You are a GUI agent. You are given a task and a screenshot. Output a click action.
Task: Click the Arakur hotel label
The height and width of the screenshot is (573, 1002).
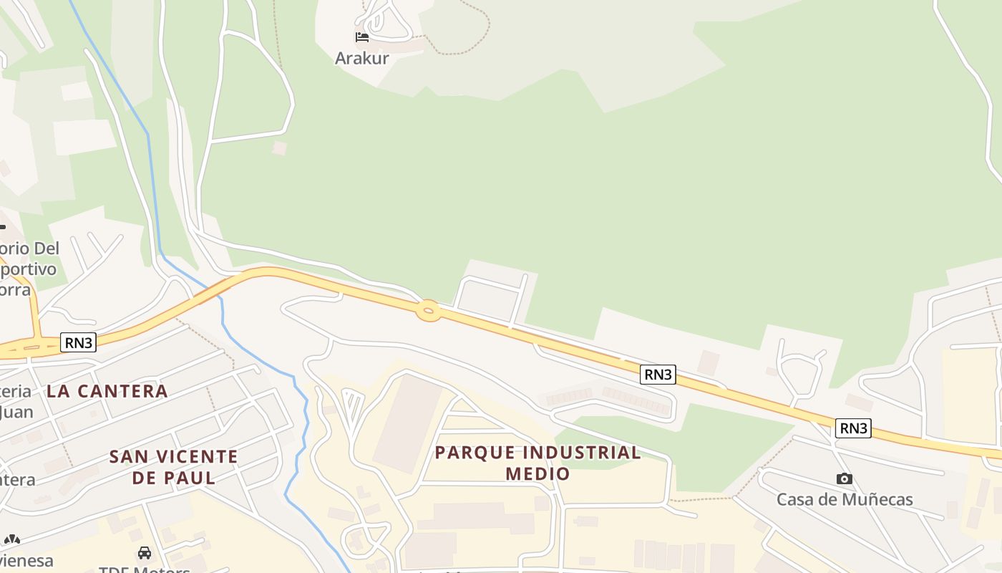point(361,58)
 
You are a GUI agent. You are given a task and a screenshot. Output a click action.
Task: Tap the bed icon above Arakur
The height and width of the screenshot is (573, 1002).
point(362,37)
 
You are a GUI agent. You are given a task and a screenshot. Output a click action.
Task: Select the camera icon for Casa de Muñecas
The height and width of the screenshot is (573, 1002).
point(845,478)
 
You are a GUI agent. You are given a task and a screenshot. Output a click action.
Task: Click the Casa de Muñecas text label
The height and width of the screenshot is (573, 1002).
point(845,499)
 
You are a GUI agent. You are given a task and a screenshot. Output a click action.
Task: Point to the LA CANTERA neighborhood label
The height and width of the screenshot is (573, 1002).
point(107,391)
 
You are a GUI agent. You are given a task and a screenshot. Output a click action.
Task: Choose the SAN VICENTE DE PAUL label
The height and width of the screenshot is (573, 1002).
point(173,466)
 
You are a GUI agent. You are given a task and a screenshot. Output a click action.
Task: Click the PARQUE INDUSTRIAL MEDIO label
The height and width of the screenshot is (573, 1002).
point(538,463)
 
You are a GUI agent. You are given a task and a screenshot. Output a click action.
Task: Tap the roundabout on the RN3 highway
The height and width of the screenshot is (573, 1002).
point(428,310)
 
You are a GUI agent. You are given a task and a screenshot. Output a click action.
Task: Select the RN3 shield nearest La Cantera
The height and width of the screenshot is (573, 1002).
point(78,342)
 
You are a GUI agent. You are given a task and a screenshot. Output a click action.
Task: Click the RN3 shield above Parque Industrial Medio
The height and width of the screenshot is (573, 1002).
point(658,374)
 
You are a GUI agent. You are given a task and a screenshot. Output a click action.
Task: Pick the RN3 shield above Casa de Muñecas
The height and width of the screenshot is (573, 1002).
point(853,428)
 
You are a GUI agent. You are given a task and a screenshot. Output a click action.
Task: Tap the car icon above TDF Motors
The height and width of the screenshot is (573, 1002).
point(145,553)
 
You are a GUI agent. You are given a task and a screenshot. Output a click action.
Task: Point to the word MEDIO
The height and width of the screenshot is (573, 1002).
point(538,473)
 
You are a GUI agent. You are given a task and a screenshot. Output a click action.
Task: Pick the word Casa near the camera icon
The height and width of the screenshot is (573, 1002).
point(794,499)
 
